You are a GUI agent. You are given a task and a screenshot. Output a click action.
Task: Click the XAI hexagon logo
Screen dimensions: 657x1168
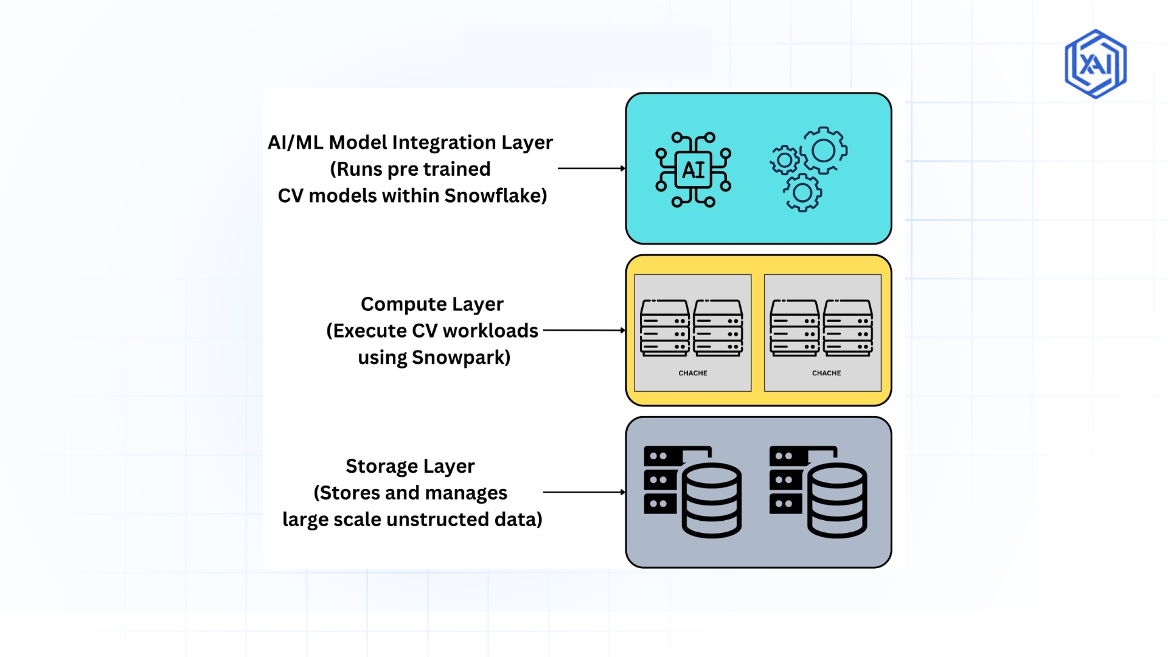1095,64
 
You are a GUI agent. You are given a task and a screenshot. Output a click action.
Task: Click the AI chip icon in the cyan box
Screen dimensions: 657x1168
693,170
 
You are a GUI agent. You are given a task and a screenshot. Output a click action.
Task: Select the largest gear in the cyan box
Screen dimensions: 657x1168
824,150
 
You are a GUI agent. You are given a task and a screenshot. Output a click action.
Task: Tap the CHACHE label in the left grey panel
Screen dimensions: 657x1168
693,373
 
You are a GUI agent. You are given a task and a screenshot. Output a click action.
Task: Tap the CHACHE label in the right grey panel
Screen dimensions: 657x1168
826,373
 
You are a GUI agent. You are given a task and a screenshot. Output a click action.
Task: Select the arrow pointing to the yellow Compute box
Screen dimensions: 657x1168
584,330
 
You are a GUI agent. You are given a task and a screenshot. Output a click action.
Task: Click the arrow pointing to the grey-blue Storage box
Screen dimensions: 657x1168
584,492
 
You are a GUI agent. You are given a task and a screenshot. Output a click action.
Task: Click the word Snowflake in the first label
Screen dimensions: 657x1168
495,196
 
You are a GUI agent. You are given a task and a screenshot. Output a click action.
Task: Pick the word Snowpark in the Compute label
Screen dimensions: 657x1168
461,357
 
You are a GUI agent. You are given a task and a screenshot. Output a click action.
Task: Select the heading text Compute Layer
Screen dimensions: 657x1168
432,304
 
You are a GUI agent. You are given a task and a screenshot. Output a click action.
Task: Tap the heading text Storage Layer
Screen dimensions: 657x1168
410,466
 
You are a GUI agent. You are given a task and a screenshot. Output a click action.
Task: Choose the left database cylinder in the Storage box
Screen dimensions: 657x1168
711,500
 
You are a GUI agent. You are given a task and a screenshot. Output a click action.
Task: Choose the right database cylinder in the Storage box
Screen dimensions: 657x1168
837,500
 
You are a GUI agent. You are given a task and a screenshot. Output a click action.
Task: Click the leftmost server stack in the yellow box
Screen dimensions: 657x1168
664,328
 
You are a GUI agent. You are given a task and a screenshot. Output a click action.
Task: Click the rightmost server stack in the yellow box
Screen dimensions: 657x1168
848,328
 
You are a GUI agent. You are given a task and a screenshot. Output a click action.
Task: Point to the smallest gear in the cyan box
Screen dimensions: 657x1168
784,161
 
